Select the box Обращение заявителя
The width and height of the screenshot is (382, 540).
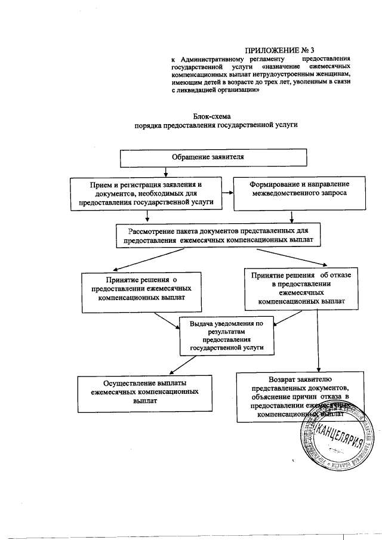pyautogui.click(x=214, y=157)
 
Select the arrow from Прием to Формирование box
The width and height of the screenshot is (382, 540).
pyautogui.click(x=227, y=193)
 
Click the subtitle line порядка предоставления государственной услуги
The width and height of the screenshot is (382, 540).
pyautogui.click(x=215, y=126)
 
